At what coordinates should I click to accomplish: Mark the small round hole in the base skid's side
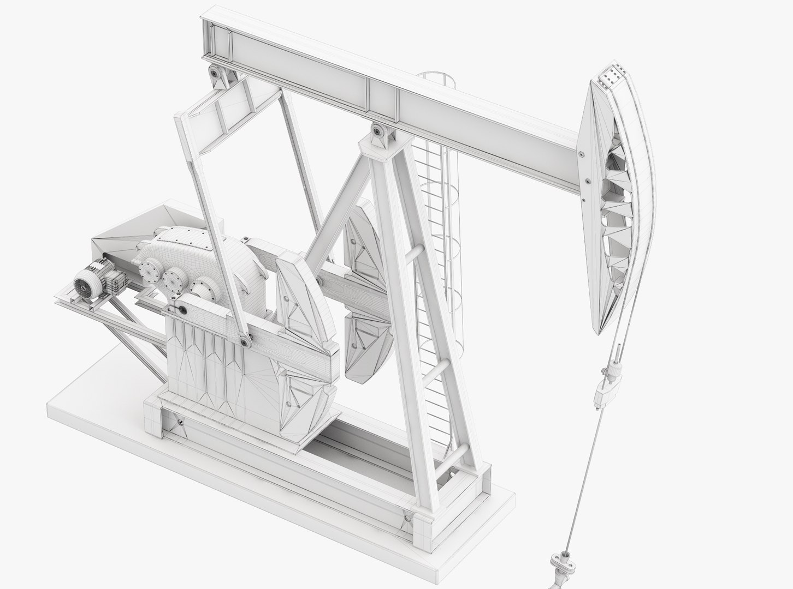click(x=180, y=423)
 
